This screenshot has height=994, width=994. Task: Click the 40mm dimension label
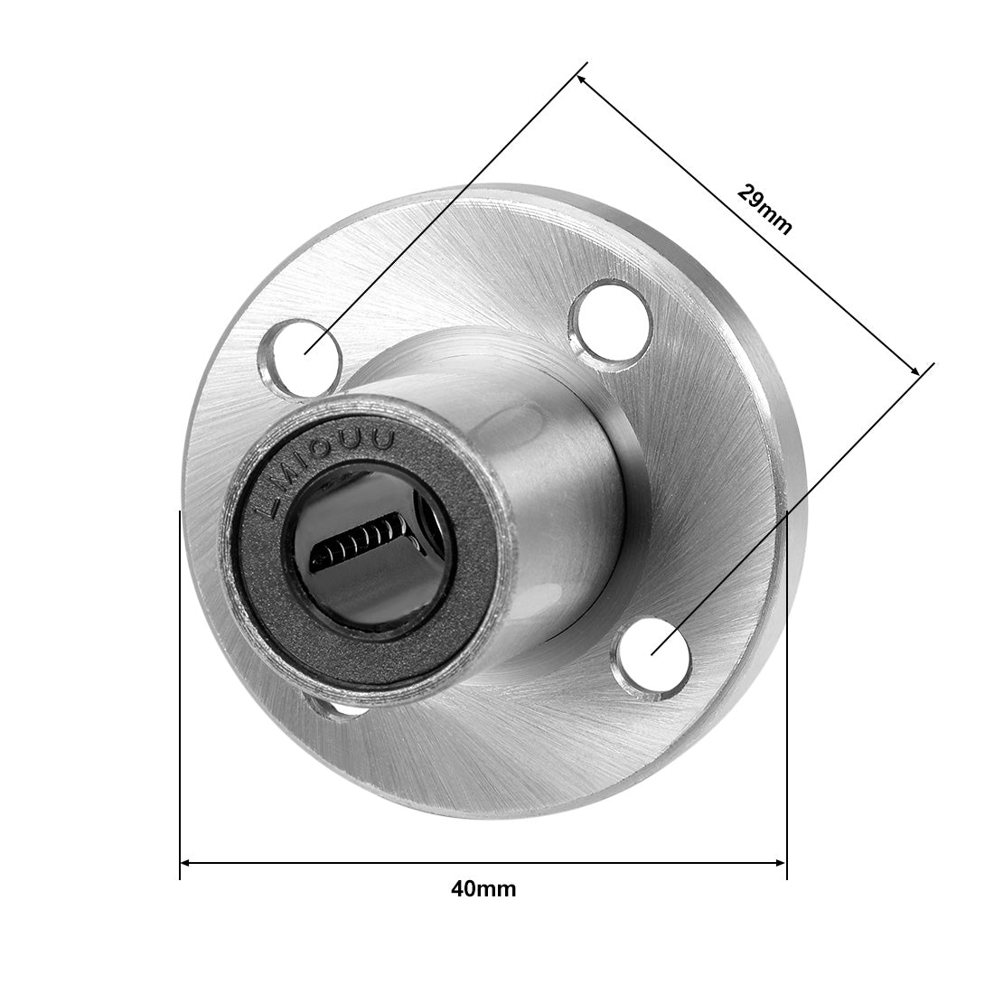click(483, 889)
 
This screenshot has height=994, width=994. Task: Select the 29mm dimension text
click(764, 210)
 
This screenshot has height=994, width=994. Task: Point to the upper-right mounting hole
click(612, 324)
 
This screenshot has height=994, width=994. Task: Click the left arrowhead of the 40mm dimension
click(186, 863)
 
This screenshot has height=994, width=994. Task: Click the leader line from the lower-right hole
click(795, 506)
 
